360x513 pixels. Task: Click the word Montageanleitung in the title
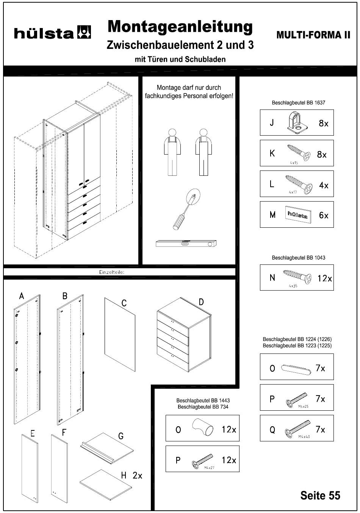tap(180, 27)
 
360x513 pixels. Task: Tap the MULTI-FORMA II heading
tap(313, 35)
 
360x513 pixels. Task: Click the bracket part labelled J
tap(297, 122)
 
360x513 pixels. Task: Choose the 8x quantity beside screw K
tap(322, 155)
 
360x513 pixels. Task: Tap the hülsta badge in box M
tap(297, 215)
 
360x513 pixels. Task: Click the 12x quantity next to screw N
tap(325, 278)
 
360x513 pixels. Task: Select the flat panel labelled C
tap(120, 334)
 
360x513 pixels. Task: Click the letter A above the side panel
tap(22, 296)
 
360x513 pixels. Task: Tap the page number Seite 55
tap(320, 495)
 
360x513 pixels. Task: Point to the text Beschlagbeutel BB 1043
tap(298, 258)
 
